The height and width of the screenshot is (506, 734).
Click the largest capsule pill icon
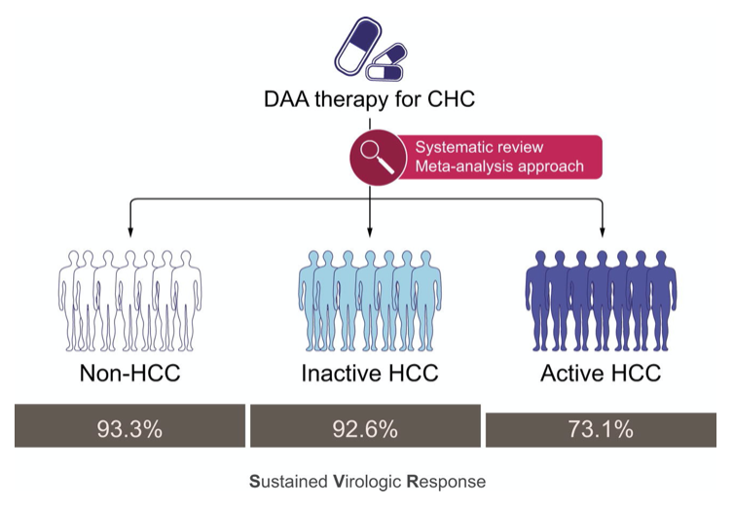[358, 46]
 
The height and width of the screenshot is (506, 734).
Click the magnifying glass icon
[378, 158]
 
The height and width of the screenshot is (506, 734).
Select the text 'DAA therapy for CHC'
[369, 99]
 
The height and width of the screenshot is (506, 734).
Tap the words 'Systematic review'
[479, 147]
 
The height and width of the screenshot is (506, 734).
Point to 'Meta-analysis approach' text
[499, 166]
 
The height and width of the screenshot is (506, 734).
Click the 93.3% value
[129, 429]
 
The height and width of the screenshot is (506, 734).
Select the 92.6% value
[365, 429]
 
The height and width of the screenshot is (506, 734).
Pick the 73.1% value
[601, 429]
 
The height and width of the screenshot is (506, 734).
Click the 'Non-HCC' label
[130, 373]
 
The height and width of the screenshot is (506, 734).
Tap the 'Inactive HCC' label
[370, 373]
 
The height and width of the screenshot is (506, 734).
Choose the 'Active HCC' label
[601, 373]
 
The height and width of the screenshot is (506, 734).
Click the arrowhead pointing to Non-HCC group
[130, 233]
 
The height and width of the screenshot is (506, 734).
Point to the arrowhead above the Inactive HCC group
[370, 233]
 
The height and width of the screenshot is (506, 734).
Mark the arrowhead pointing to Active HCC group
[602, 233]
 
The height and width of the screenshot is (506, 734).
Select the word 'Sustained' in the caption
[288, 482]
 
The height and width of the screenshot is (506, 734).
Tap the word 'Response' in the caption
[447, 482]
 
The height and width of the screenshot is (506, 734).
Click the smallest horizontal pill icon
[385, 72]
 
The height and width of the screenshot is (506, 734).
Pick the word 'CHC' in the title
[451, 99]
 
